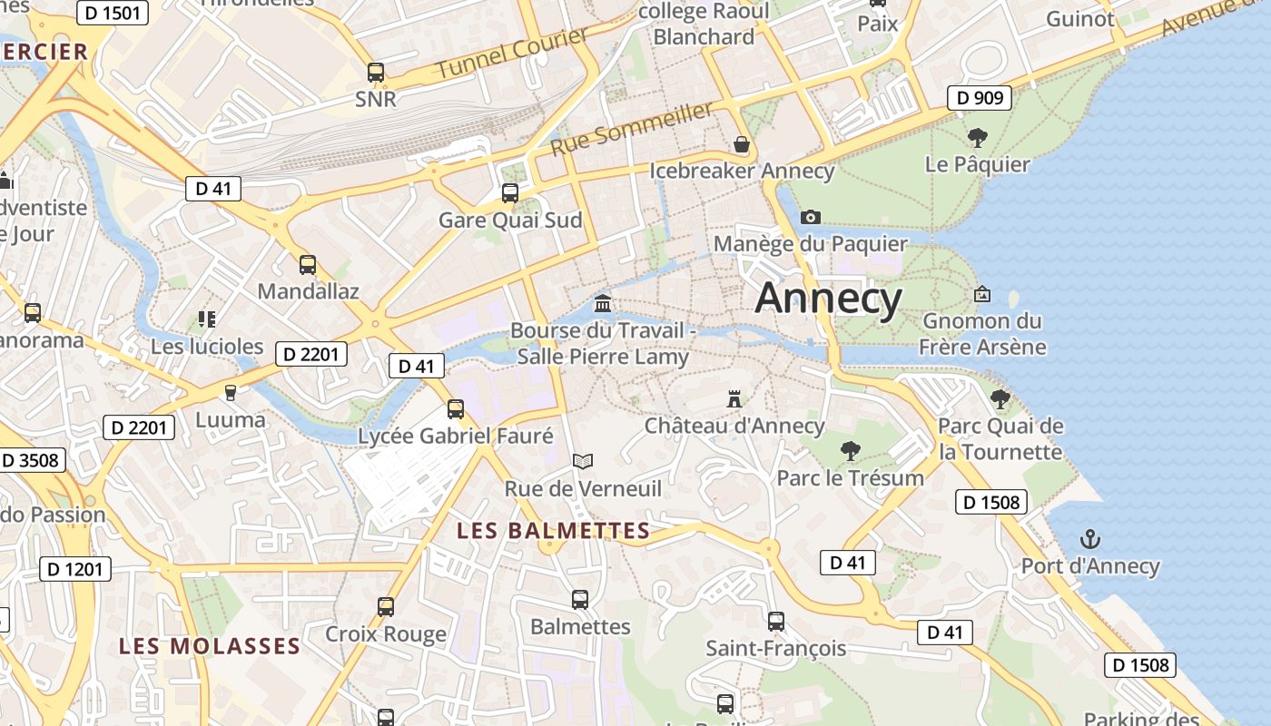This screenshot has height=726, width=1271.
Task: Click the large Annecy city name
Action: click(x=829, y=298)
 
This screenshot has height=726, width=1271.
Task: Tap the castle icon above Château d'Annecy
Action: click(x=734, y=398)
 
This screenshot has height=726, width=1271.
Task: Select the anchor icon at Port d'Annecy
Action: click(x=1089, y=540)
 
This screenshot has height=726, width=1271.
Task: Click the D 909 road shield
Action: click(x=980, y=98)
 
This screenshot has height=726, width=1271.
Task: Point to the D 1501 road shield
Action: click(x=113, y=13)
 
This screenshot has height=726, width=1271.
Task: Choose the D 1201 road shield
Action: click(x=75, y=570)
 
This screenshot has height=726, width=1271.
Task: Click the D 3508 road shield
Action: click(x=31, y=460)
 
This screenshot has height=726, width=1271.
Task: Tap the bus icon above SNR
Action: click(x=376, y=73)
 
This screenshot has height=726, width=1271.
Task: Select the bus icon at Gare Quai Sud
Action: click(x=510, y=192)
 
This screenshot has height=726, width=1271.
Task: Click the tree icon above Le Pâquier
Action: click(x=978, y=138)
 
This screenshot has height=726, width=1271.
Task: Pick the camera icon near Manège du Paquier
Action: click(x=811, y=217)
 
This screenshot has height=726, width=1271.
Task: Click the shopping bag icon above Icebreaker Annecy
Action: click(x=741, y=144)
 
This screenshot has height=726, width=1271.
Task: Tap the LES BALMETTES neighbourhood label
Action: click(x=554, y=531)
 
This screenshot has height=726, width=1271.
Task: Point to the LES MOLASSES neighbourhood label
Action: click(x=210, y=646)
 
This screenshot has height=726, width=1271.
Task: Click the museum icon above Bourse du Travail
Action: click(x=603, y=303)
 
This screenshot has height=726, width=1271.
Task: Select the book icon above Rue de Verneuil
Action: click(x=583, y=462)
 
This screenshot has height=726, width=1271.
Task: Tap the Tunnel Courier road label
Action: click(x=512, y=54)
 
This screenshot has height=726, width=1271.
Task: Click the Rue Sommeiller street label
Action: click(x=632, y=128)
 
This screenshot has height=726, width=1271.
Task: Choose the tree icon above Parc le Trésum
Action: click(x=851, y=450)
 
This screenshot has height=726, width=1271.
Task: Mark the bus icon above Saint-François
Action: click(x=776, y=622)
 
